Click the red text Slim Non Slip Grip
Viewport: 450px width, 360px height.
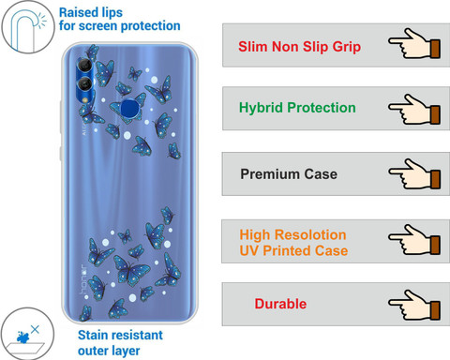pos(299,47)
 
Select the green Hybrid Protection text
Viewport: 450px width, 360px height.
pos(297,108)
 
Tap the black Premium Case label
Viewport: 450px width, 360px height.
pos(289,174)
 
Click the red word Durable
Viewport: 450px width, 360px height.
pos(280,304)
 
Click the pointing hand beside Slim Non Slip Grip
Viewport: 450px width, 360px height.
pos(414,43)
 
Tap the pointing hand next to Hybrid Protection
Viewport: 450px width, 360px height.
pos(414,110)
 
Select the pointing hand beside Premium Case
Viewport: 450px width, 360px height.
pos(414,173)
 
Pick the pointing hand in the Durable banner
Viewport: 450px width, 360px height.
pos(414,305)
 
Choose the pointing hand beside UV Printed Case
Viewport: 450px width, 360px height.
pos(414,239)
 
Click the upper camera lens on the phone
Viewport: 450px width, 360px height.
pos(84,66)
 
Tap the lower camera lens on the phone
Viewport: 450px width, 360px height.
pos(84,84)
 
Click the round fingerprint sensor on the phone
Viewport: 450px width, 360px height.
pos(129,108)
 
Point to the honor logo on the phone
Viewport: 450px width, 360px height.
pos(83,279)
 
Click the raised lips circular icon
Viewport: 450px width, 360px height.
pos(27,27)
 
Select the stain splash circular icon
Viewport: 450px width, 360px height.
pos(27,334)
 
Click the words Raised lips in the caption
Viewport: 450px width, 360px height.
pos(91,13)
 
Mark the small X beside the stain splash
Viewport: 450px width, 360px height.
pos(35,329)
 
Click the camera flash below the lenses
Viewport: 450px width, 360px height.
pos(84,99)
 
